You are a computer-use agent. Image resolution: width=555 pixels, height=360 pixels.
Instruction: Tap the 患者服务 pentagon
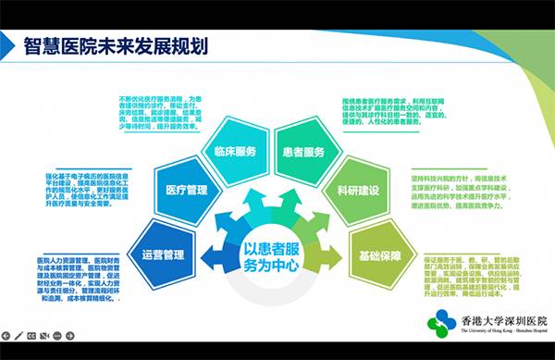[302, 151]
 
